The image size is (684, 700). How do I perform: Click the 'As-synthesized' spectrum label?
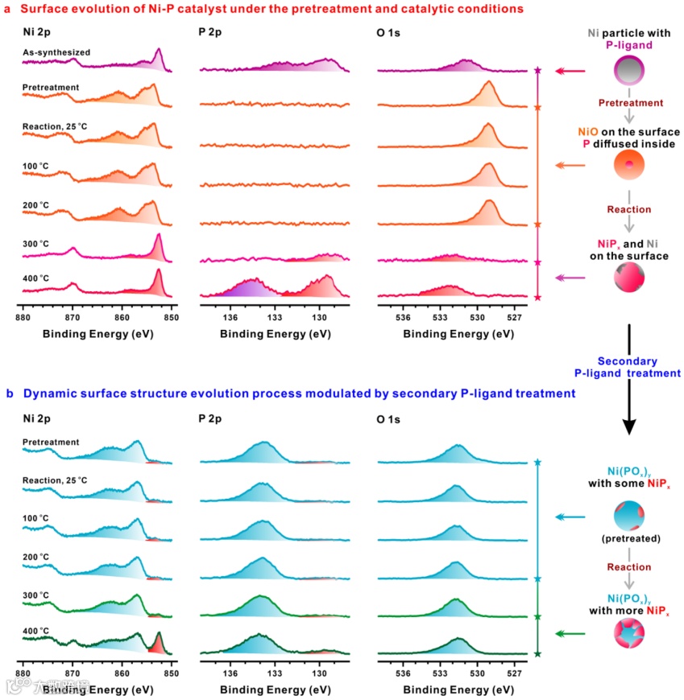tap(56, 52)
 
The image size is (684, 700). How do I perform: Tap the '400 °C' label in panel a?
tap(35, 278)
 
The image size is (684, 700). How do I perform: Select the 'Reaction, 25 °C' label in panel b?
tap(55, 480)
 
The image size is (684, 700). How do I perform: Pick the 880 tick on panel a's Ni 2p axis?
tap(23, 316)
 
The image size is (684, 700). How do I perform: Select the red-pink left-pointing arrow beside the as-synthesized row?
tap(574, 72)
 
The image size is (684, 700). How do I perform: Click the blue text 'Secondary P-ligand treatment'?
tap(628, 368)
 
